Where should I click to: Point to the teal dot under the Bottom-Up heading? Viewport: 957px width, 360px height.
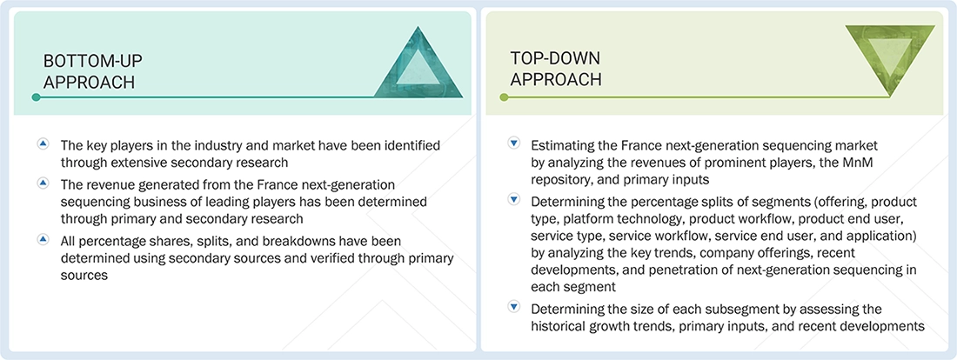pos(36,97)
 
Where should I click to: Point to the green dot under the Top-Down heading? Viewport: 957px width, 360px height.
pos(504,97)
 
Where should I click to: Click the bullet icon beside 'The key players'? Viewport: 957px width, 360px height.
pos(43,143)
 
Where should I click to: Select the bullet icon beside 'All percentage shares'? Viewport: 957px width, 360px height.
pos(43,237)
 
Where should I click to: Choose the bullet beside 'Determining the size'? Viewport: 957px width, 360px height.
pos(513,308)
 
